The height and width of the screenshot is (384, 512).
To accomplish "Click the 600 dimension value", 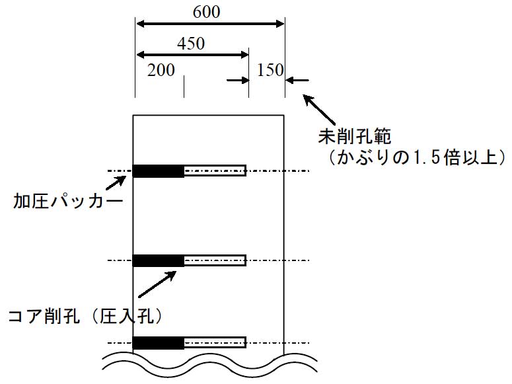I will pyautogui.click(x=207, y=12).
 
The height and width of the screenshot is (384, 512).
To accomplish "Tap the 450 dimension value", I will pyautogui.click(x=191, y=44).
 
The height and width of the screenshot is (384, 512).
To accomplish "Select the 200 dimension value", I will pyautogui.click(x=161, y=70).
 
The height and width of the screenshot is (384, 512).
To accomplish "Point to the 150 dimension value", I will pyautogui.click(x=270, y=70).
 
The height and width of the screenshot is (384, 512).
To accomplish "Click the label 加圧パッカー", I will pyautogui.click(x=68, y=201).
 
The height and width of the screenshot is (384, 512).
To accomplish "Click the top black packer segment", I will pyautogui.click(x=159, y=171).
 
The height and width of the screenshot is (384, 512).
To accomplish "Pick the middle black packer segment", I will pyautogui.click(x=159, y=260).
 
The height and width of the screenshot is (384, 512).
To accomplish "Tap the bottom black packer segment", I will pyautogui.click(x=159, y=342).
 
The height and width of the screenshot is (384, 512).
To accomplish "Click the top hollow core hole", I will pyautogui.click(x=215, y=171).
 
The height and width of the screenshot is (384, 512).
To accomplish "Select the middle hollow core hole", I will pyautogui.click(x=215, y=260).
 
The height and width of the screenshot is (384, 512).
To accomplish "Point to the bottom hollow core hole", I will pyautogui.click(x=215, y=342).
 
